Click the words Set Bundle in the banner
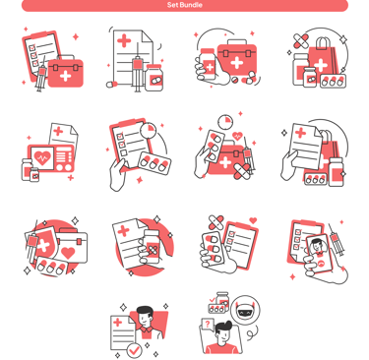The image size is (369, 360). tap(184, 5)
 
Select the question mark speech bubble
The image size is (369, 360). tap(207, 325)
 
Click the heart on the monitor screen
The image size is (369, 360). tap(42, 157)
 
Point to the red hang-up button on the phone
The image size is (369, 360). tap(322, 263)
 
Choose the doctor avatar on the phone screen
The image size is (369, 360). tap(317, 246)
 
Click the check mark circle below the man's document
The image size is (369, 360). tap(134, 350)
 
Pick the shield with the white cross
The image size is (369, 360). tap(43, 243)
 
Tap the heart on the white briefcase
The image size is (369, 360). tap(68, 253)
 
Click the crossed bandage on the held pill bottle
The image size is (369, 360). tap(152, 251)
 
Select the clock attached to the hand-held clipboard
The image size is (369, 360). tap(149, 130)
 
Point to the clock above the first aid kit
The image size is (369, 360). tap(225, 121)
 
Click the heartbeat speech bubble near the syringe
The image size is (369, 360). tap(237, 136)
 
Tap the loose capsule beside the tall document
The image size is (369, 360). tap(112, 85)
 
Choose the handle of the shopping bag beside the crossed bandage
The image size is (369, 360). tap(323, 42)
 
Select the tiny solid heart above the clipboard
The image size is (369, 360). tap(253, 220)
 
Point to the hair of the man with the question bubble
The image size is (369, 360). tap(223, 327)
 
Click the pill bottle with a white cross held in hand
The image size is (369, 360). tap(208, 65)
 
